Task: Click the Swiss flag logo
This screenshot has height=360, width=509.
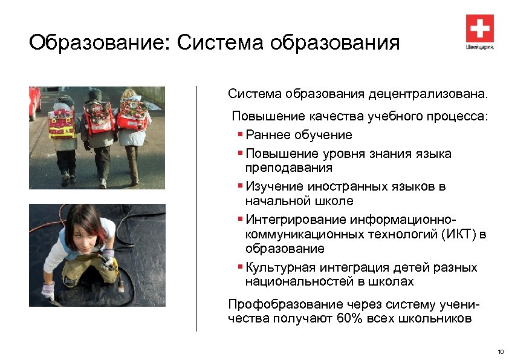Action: coord(479,28)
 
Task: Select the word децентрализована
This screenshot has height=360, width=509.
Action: coord(425,94)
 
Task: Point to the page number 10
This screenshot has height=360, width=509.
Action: coord(499,352)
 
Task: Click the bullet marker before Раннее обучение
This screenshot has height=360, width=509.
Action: coord(241,134)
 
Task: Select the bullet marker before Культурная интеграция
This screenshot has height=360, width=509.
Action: coord(241,267)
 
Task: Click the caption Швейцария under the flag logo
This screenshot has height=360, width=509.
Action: coord(479,47)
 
